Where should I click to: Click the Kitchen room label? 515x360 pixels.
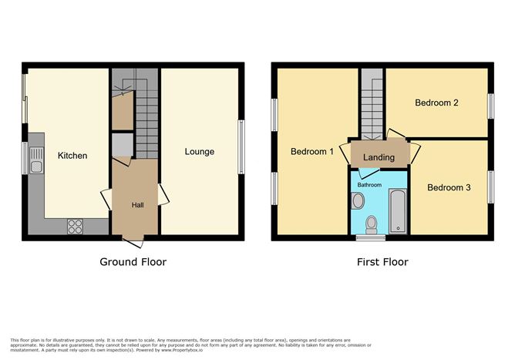(x=72, y=156)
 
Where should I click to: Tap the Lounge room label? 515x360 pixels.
(x=199, y=152)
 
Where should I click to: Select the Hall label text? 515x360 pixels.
(x=137, y=205)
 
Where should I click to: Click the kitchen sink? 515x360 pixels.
(x=35, y=160)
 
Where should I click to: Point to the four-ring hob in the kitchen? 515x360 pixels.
(x=76, y=226)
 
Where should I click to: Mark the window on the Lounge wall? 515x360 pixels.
(x=241, y=146)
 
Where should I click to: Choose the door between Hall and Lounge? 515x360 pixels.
(x=163, y=197)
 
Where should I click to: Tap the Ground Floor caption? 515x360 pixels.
(x=133, y=262)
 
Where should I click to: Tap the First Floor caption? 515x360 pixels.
(x=382, y=262)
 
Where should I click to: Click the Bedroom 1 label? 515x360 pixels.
(x=311, y=152)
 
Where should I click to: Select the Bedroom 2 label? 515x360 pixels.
(x=436, y=103)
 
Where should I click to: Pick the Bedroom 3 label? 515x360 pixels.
(x=449, y=187)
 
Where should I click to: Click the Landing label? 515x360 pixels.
(x=379, y=157)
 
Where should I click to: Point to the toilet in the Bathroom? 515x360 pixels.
(x=372, y=224)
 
